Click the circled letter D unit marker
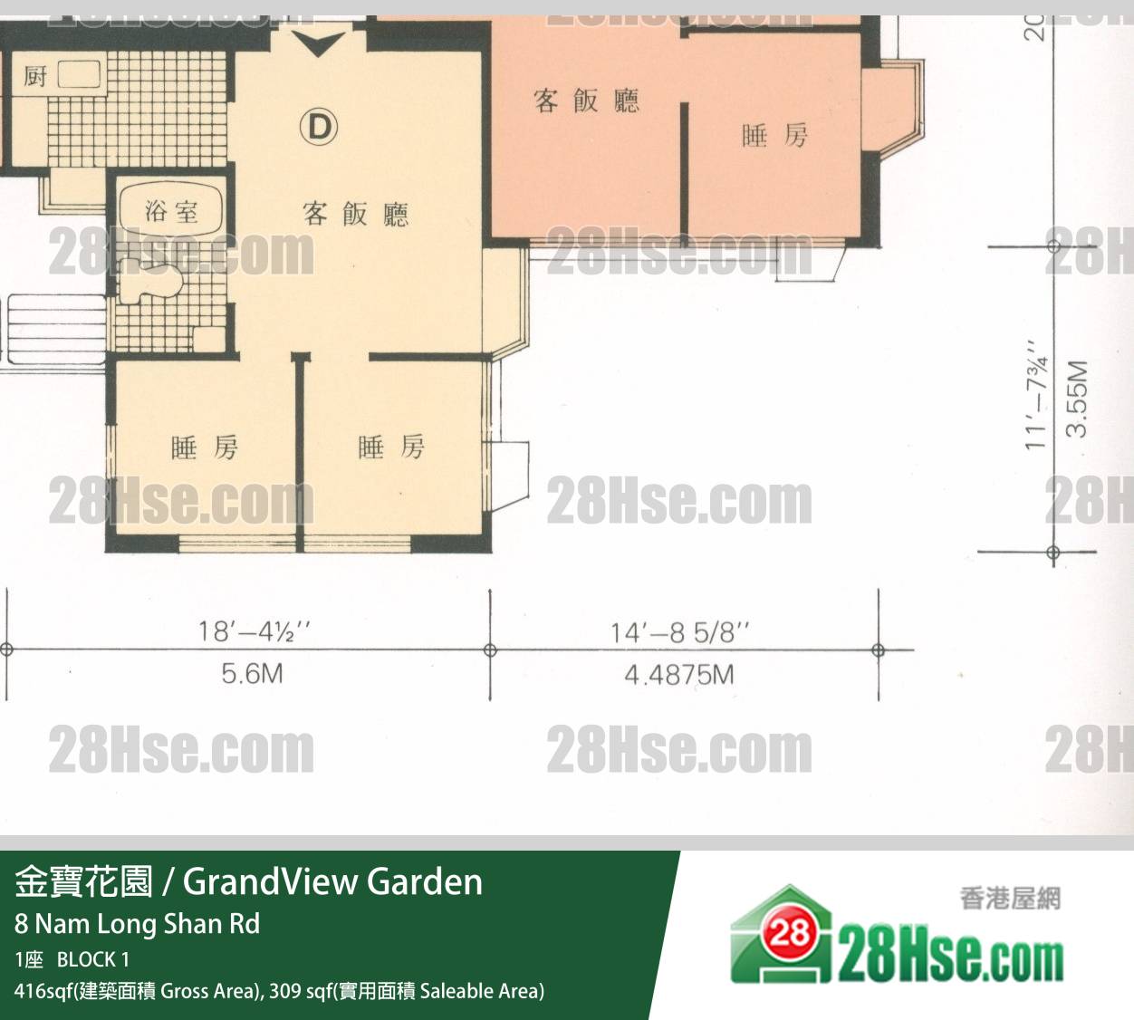(319, 127)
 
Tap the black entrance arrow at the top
(318, 43)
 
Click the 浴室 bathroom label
(171, 211)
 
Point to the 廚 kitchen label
(35, 76)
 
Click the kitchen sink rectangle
(79, 74)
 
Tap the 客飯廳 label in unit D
(356, 215)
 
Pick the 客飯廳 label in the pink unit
(586, 101)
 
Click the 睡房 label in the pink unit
(774, 136)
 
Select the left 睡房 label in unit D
(205, 447)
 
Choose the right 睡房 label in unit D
(391, 447)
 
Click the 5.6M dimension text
(252, 674)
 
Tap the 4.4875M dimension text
(679, 675)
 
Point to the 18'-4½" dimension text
(255, 631)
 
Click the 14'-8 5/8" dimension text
(680, 633)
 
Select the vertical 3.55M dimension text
(1076, 399)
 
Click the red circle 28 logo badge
(790, 934)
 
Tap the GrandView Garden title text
(333, 881)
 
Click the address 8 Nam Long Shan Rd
(138, 925)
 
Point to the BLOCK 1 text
(93, 959)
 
